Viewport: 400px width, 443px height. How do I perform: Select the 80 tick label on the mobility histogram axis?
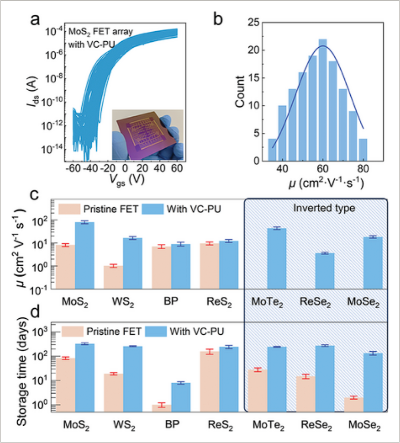[x=363, y=168]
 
